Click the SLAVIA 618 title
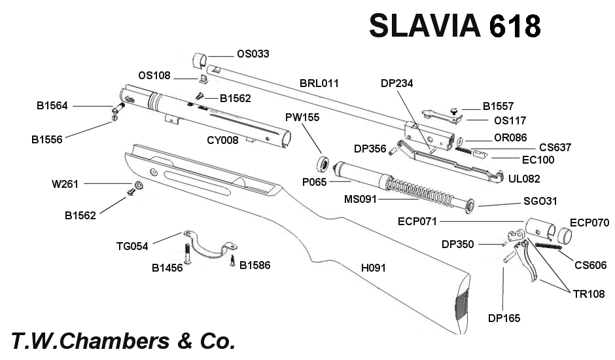point(455,26)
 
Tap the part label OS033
point(252,54)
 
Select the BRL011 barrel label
point(319,84)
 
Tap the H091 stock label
point(376,267)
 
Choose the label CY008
point(222,139)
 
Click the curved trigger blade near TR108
point(529,262)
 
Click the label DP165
point(504,318)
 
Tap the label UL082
point(524,178)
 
